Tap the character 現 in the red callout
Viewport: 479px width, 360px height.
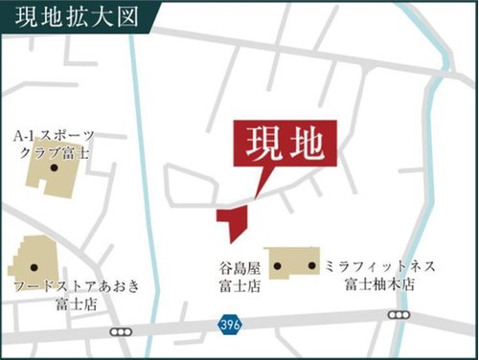coord(264,145)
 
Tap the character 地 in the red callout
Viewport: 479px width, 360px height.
coord(310,145)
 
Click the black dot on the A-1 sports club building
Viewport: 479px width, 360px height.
coord(54,169)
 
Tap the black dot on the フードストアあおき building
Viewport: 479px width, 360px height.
coord(34,266)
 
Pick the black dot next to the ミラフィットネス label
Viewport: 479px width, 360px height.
coord(312,263)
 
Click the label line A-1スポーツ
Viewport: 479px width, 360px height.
coord(55,135)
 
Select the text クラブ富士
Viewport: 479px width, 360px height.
coord(55,151)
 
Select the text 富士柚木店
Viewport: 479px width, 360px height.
coord(380,284)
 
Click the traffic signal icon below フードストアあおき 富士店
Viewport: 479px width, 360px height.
coord(120,331)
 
